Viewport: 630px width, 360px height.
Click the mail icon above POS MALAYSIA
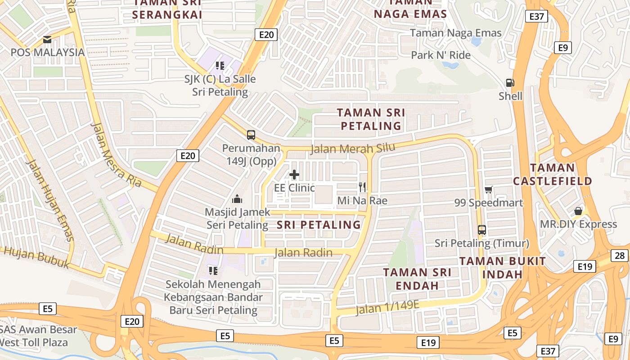pyautogui.click(x=47, y=40)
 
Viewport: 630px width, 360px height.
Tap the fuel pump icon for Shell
pyautogui.click(x=510, y=83)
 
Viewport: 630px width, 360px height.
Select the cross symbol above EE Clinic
pyautogui.click(x=294, y=175)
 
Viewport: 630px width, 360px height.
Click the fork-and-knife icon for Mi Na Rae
pyautogui.click(x=362, y=187)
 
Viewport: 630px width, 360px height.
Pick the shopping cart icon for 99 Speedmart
pyautogui.click(x=489, y=190)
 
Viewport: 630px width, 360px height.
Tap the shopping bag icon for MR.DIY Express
pyautogui.click(x=578, y=211)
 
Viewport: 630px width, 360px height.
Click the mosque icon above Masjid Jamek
pyautogui.click(x=237, y=198)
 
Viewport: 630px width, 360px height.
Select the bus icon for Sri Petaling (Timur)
pyautogui.click(x=482, y=230)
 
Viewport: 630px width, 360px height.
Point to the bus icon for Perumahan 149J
pyautogui.click(x=251, y=135)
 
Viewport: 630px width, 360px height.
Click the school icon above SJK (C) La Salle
pyautogui.click(x=220, y=66)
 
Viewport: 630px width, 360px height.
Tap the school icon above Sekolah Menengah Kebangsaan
pyautogui.click(x=213, y=271)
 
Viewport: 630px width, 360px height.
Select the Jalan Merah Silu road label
pyautogui.click(x=353, y=148)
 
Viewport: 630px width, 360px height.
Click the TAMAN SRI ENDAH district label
pyautogui.click(x=417, y=279)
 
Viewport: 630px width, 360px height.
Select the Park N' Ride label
pyautogui.click(x=441, y=55)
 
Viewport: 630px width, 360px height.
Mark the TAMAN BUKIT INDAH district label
pyautogui.click(x=502, y=267)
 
